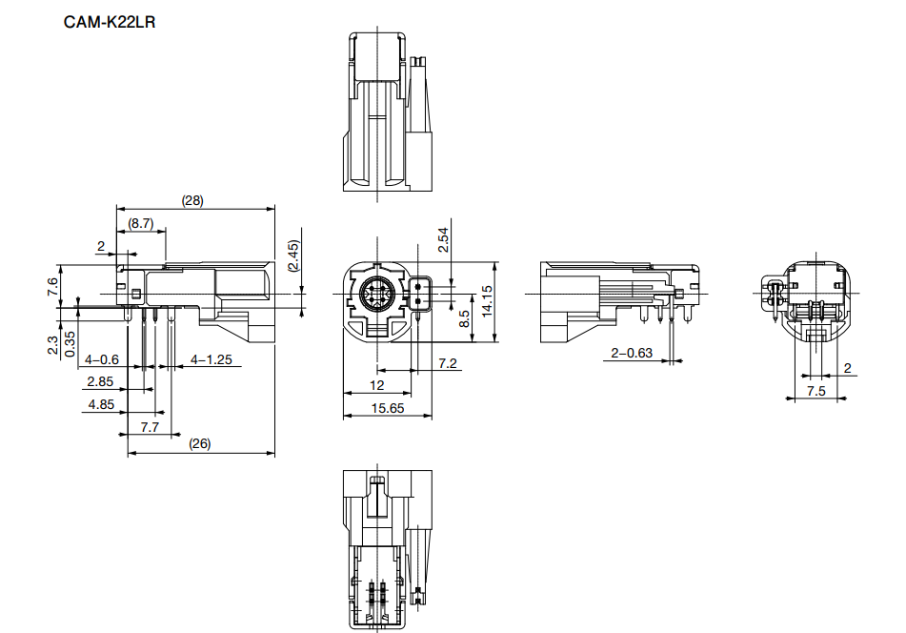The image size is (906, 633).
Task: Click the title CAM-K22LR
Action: click(x=110, y=20)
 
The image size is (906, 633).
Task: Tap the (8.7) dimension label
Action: click(x=141, y=223)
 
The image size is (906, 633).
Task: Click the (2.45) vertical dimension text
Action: click(x=294, y=256)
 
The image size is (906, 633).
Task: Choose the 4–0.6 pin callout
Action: click(x=102, y=360)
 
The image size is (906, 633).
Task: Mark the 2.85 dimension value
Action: click(x=100, y=381)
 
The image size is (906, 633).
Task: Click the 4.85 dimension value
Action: click(x=100, y=403)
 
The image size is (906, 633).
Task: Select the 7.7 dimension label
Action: click(x=150, y=427)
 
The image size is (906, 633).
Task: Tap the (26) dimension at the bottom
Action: click(x=200, y=443)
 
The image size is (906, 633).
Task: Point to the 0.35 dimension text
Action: click(x=70, y=342)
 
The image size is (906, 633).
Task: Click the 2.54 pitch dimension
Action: click(x=443, y=237)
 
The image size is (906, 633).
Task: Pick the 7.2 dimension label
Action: click(x=448, y=363)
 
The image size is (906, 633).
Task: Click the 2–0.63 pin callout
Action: click(x=632, y=354)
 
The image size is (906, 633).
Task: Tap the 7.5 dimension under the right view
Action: click(x=816, y=391)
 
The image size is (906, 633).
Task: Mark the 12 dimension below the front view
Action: click(x=377, y=384)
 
